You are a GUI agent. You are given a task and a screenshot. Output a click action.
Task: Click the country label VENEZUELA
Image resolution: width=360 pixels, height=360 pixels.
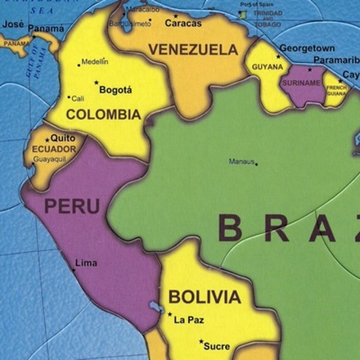point(193,49)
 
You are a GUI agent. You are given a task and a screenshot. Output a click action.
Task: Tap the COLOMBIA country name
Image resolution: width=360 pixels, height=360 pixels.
point(103,115)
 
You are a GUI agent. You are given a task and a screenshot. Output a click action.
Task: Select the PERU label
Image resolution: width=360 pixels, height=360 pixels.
point(72,206)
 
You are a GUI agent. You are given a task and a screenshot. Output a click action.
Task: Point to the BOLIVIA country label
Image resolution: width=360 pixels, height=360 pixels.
point(204,296)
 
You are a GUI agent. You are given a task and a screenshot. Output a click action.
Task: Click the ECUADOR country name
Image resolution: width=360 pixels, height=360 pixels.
point(53,149)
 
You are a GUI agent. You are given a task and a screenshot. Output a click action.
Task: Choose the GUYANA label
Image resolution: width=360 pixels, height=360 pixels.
point(267,67)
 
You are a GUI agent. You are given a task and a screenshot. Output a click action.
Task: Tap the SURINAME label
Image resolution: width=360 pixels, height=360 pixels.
point(303,82)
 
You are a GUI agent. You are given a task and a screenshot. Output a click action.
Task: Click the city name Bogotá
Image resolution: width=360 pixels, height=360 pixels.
point(115,90)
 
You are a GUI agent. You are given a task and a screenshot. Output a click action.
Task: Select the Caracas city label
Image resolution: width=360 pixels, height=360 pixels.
point(183,23)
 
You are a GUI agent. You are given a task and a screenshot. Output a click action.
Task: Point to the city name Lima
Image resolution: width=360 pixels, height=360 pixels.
point(85,263)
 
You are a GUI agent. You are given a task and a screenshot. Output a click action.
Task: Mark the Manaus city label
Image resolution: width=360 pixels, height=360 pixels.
point(241,161)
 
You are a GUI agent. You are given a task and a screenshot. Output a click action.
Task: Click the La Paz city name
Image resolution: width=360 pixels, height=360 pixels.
point(188,320)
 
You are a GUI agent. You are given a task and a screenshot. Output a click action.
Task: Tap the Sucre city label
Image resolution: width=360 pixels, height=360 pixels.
point(217,346)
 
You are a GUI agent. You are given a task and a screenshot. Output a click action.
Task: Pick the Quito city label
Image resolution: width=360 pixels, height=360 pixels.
point(63,139)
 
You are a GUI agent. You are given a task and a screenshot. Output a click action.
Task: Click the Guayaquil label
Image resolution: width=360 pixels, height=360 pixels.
point(49,159)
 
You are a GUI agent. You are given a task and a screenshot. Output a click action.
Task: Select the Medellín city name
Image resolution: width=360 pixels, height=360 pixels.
point(94,61)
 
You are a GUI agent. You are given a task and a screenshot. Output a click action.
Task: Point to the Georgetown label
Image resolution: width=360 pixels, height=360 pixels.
point(307,48)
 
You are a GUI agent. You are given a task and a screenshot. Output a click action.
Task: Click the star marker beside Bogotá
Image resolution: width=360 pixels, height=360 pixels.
point(96,83)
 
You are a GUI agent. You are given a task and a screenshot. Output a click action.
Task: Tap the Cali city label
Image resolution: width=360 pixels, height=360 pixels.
point(78,97)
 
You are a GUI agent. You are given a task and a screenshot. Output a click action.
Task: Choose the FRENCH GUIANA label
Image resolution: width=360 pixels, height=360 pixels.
point(337,91)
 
